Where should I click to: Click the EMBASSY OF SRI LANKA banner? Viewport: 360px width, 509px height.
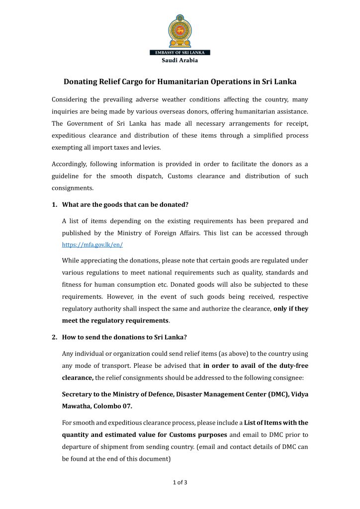180,53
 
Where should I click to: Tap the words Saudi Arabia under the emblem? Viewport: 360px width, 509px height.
180,61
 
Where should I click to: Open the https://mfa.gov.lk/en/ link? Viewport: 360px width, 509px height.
92,245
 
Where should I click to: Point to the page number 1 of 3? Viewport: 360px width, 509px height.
180,482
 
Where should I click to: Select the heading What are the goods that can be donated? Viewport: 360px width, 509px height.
125,205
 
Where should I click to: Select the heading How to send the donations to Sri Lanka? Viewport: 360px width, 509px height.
124,337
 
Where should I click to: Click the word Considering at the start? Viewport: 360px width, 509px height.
73,100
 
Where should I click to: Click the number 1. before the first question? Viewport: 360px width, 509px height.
55,205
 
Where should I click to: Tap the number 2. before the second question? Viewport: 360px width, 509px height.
55,337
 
